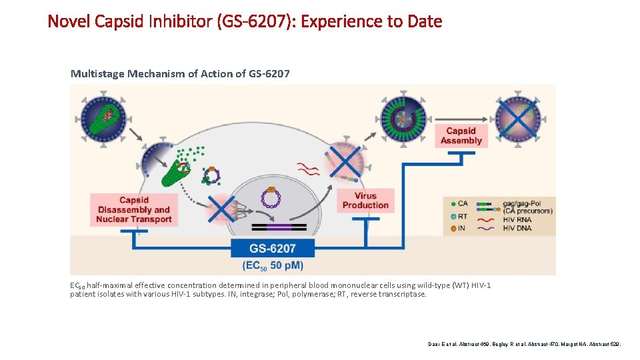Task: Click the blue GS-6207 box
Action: (272, 248)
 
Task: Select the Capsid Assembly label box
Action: (461, 136)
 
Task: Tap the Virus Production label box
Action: (365, 201)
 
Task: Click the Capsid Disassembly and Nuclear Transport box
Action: (134, 209)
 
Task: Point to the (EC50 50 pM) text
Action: (272, 265)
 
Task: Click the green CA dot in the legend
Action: (453, 203)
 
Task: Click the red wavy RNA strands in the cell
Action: (308, 167)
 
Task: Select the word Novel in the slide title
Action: (69, 21)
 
